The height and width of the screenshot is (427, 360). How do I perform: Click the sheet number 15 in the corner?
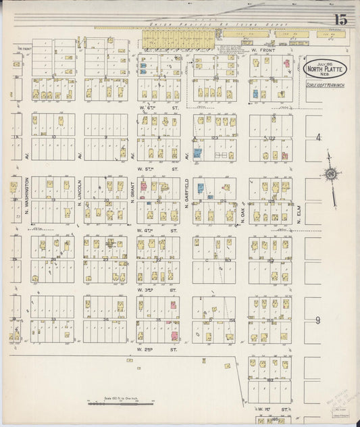[339, 19]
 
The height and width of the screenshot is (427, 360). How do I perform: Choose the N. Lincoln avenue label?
[79, 196]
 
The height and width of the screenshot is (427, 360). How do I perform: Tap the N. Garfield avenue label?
[186, 196]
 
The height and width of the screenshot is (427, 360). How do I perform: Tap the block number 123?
[214, 137]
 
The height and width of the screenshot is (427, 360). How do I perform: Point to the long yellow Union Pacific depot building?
[179, 40]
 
